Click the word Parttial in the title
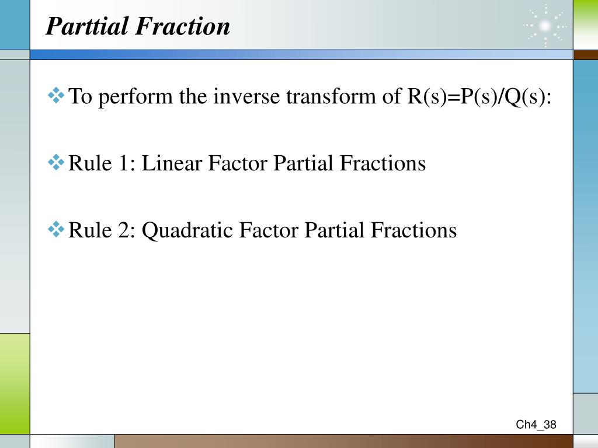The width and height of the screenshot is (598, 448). [86, 26]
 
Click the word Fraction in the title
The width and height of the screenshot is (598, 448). [183, 26]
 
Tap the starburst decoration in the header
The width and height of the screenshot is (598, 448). [545, 26]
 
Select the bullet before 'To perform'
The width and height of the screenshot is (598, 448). [56, 95]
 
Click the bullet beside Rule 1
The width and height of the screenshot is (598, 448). [56, 162]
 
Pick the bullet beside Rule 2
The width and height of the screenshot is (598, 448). [56, 229]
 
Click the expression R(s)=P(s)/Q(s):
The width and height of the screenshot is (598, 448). [479, 97]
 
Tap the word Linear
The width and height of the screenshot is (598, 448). [172, 163]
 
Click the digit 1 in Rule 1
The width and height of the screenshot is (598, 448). [124, 163]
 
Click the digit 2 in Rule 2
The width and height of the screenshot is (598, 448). [124, 230]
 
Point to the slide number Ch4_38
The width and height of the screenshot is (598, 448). [536, 425]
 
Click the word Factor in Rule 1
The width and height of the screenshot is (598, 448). [238, 163]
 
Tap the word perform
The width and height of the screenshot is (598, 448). [135, 97]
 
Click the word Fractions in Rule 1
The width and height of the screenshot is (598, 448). [383, 163]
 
